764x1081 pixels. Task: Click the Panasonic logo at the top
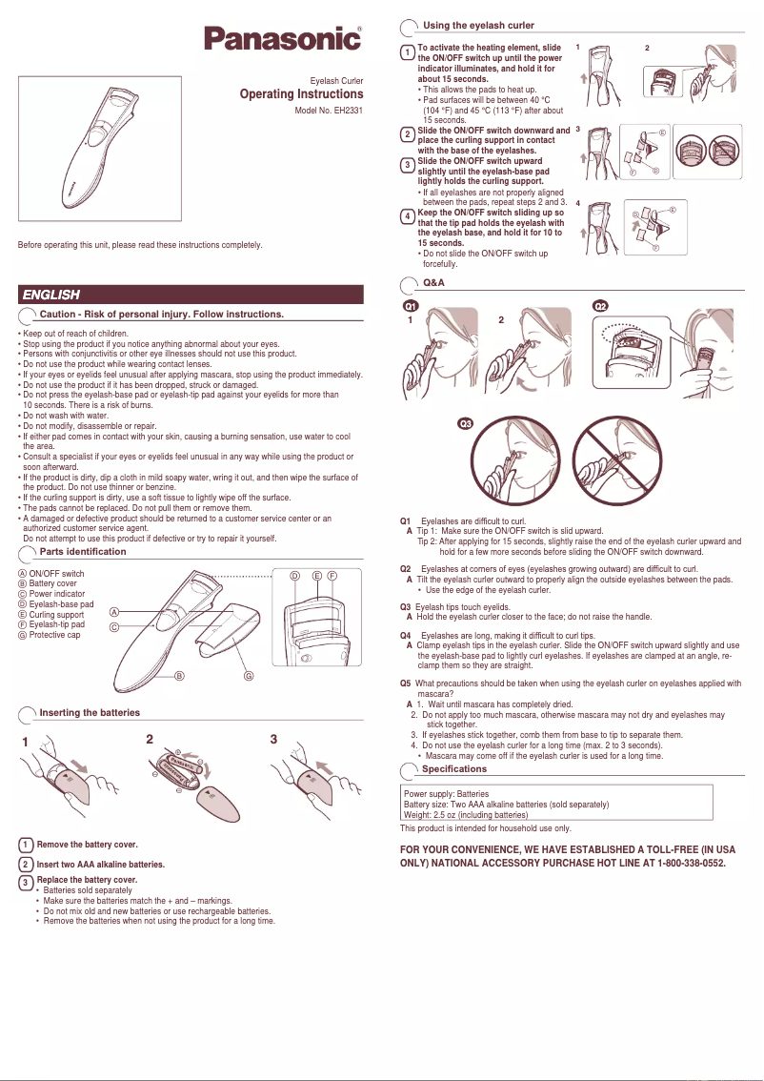(283, 40)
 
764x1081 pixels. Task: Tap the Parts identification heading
(82, 552)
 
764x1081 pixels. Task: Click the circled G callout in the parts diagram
(249, 676)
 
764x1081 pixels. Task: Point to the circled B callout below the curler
(179, 676)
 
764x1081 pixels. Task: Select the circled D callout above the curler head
(294, 576)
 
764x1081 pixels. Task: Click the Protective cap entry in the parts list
(54, 635)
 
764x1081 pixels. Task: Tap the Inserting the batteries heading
(90, 712)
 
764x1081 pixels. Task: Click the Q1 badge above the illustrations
(411, 307)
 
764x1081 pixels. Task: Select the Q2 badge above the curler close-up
(602, 307)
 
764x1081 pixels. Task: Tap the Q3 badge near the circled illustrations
(467, 423)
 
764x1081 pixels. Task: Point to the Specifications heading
(453, 768)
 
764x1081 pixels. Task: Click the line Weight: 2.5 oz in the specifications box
(466, 815)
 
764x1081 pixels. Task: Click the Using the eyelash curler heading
(478, 25)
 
